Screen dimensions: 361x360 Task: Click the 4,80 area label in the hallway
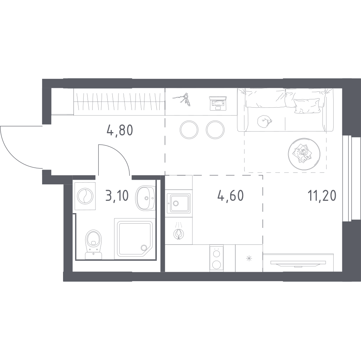point(120,130)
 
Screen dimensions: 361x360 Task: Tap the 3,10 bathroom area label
point(117,196)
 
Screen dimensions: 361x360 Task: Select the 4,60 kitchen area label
point(231,196)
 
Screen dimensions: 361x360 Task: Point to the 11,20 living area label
point(322,196)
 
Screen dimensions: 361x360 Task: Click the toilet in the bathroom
point(93,244)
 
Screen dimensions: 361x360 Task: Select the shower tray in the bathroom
point(135,239)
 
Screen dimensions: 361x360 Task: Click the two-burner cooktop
point(217,258)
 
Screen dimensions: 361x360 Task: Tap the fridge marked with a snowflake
point(249,258)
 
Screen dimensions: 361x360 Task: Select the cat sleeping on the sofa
point(264,121)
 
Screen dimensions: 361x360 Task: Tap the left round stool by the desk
point(189,130)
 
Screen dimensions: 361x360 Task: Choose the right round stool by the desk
point(215,130)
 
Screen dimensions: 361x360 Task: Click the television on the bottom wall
point(298,263)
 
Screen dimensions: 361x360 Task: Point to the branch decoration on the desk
point(182,99)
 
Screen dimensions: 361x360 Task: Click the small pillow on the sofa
point(307,106)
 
